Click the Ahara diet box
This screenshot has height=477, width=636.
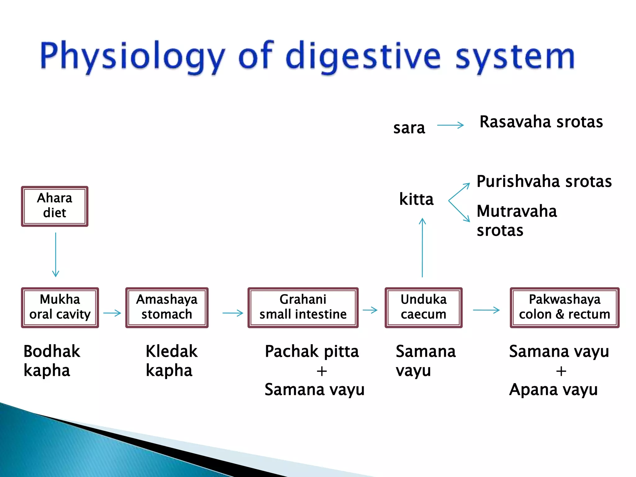tap(55, 206)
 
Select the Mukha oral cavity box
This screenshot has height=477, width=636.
tap(60, 307)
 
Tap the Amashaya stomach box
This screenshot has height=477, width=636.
tap(167, 307)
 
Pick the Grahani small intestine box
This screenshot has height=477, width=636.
tap(303, 307)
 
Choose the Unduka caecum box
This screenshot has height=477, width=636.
tap(423, 307)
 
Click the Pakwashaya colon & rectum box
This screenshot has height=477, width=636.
tap(564, 307)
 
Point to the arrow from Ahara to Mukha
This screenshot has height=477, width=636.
tap(56, 255)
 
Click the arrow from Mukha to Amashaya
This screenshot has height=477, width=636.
tap(112, 313)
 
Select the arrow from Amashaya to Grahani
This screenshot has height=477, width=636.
tap(233, 313)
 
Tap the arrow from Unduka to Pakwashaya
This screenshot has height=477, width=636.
tap(486, 310)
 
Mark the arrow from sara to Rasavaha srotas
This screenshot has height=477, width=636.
tap(450, 125)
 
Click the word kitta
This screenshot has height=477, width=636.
tap(416, 199)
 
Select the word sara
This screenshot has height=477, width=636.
tap(409, 128)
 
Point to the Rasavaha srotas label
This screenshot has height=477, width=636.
tap(541, 122)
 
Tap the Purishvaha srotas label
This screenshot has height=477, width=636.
tap(544, 181)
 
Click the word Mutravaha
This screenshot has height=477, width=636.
tap(517, 211)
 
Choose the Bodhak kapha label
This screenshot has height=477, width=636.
tap(52, 361)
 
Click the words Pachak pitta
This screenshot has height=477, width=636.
tap(311, 352)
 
